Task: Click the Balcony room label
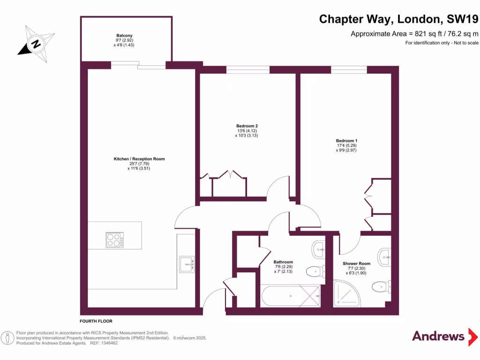click(x=124, y=36)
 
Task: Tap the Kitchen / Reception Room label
click(x=139, y=159)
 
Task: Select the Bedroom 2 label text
click(x=247, y=126)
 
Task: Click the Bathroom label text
click(x=283, y=262)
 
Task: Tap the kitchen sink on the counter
click(x=186, y=264)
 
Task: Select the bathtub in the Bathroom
click(x=291, y=296)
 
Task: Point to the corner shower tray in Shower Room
click(x=346, y=293)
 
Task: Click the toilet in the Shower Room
click(x=381, y=286)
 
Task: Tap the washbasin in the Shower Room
click(x=386, y=255)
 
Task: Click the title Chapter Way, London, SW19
click(x=399, y=19)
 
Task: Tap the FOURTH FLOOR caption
click(x=96, y=321)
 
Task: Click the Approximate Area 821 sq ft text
click(x=415, y=34)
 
